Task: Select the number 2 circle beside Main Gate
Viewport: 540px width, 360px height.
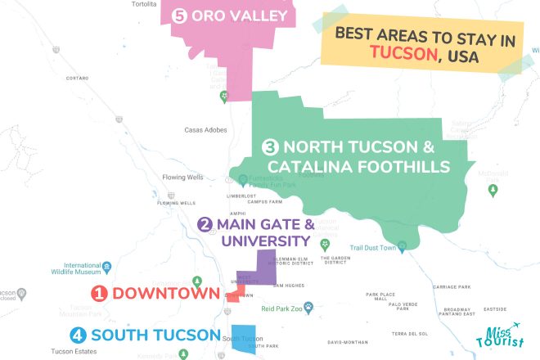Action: tap(205, 224)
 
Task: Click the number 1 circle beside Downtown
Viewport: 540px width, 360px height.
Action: tap(99, 293)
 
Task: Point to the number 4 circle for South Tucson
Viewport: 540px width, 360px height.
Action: tap(78, 335)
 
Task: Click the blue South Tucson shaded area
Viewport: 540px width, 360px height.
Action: tap(243, 342)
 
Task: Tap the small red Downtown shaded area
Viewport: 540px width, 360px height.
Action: tap(233, 295)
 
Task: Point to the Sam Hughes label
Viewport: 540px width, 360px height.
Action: tap(288, 286)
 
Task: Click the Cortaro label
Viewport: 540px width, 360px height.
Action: tap(77, 78)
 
